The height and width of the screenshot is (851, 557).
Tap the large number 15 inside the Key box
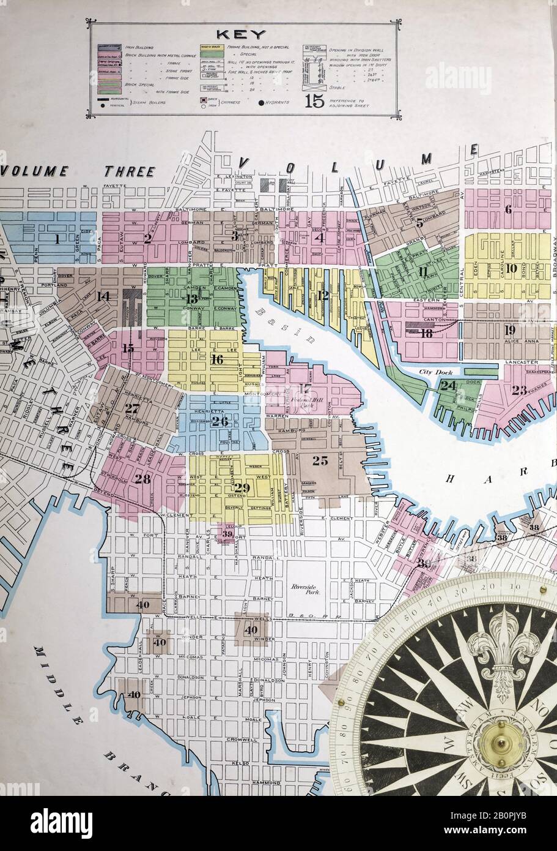(x=314, y=100)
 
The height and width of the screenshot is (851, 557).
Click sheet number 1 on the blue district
(x=57, y=239)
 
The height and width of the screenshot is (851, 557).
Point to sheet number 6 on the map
(x=507, y=209)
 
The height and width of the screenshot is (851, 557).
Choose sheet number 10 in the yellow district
(x=511, y=268)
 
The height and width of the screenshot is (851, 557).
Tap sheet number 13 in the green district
(x=192, y=299)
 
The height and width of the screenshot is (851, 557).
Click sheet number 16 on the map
(x=216, y=359)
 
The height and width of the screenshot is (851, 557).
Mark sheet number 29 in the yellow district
(x=242, y=488)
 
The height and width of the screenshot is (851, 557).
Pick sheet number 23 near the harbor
(x=519, y=390)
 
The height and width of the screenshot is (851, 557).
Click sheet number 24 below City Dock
(x=448, y=386)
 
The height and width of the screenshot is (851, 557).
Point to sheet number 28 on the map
(x=142, y=479)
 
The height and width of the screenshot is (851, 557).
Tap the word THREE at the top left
(x=129, y=171)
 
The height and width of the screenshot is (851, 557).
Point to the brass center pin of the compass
(x=500, y=744)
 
